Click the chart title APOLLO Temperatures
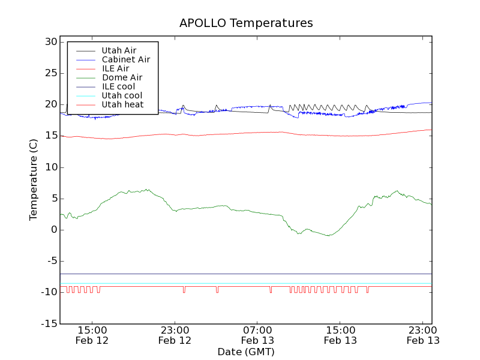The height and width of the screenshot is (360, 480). [246, 23]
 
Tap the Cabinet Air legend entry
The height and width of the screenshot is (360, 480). [125, 59]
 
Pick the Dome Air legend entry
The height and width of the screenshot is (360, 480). [122, 77]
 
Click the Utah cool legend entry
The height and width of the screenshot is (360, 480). [122, 95]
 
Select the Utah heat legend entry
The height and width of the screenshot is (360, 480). [122, 104]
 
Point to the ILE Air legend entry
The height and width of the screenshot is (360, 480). [115, 68]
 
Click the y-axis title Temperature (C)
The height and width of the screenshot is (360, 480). [34, 179]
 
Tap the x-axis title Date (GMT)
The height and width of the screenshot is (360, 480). [246, 352]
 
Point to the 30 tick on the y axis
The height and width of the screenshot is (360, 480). [50, 42]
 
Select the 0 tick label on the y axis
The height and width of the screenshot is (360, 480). [54, 230]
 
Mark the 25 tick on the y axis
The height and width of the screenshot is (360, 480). [50, 73]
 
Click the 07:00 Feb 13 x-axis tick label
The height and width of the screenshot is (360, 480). [257, 335]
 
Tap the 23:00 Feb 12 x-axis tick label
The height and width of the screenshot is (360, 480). [175, 335]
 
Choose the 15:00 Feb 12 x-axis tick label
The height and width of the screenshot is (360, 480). [92, 335]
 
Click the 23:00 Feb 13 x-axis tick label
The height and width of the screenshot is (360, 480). [423, 335]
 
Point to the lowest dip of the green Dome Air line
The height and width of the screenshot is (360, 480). [328, 236]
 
